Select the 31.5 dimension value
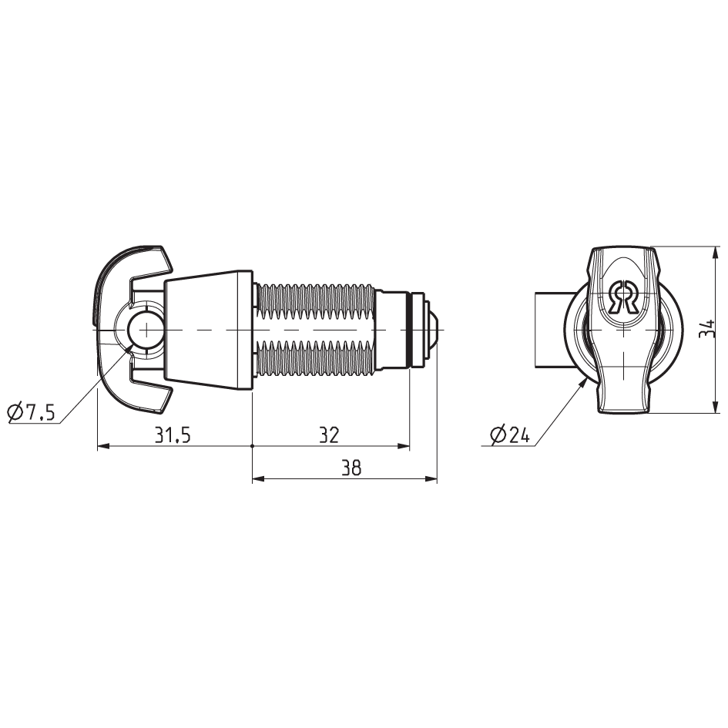click(x=173, y=435)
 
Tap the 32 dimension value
click(x=330, y=435)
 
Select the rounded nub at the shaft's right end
click(x=434, y=330)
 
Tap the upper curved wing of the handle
click(x=131, y=262)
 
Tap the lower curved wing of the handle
click(x=131, y=397)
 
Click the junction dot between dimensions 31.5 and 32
click(x=253, y=446)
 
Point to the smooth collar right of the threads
click(x=392, y=330)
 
